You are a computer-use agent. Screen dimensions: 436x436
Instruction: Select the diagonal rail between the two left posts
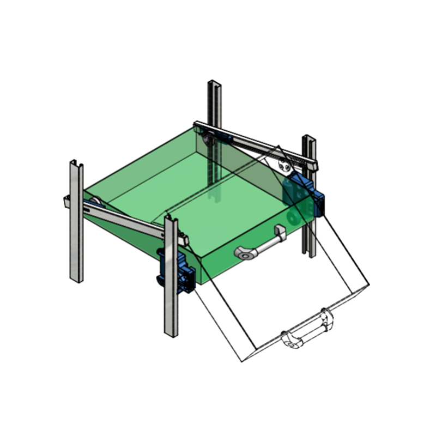tap(131, 221)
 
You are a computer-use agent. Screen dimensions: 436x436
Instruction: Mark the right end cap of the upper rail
tap(313, 164)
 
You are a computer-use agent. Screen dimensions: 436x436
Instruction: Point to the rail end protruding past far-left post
tap(66, 201)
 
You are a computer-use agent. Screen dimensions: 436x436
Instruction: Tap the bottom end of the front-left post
tap(171, 333)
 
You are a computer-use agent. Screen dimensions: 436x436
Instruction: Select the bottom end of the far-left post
tap(76, 279)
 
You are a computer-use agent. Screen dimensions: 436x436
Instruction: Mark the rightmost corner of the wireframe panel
tap(369, 284)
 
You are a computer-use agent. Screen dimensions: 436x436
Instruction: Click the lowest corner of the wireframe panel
tap(241, 361)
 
